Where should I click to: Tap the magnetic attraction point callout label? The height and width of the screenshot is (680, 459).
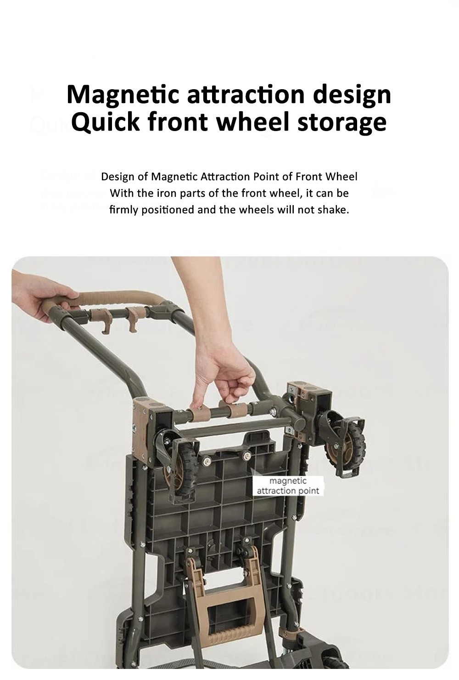point(288,486)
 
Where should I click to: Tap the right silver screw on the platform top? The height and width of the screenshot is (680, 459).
point(247,456)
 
